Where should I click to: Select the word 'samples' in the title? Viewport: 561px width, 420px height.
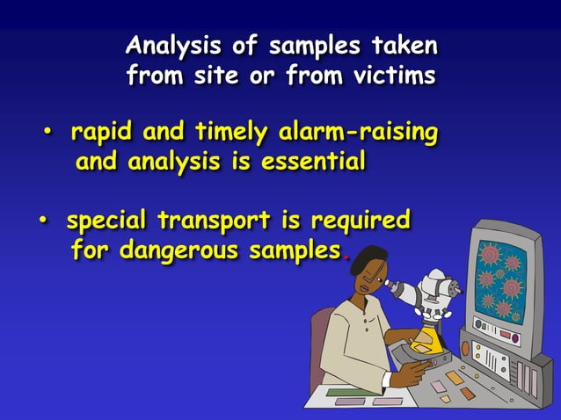(x=314, y=45)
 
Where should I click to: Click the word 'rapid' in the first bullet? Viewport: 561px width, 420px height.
(x=99, y=134)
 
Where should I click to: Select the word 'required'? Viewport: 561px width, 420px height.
(x=361, y=219)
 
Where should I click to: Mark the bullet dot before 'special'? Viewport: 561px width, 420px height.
(x=40, y=218)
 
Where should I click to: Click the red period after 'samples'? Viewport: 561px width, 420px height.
(x=346, y=256)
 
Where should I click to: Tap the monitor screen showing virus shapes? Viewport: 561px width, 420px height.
(x=500, y=281)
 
